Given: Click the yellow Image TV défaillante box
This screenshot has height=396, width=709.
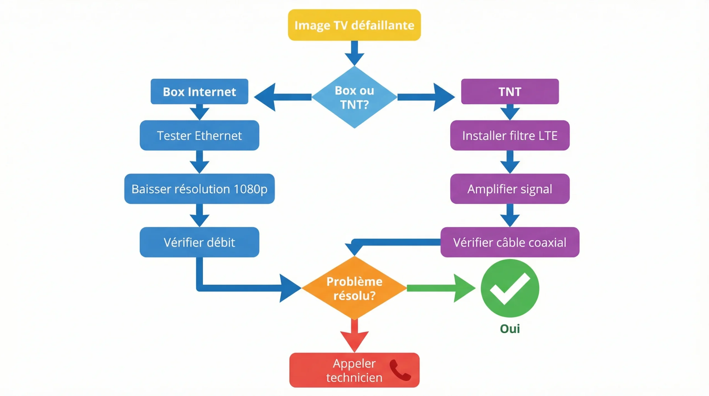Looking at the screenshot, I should [x=354, y=25].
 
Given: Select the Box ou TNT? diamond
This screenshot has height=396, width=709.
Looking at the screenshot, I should [x=354, y=97].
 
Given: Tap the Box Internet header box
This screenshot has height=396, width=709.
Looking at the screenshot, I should [x=199, y=91].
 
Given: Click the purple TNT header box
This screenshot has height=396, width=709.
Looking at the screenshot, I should [x=510, y=91].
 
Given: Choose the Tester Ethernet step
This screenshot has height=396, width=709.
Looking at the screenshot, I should [x=199, y=136].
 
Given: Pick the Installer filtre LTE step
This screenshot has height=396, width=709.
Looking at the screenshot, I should [x=510, y=136].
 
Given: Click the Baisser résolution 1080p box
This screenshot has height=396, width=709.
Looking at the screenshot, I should [x=199, y=189].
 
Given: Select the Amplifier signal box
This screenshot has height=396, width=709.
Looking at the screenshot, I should [x=510, y=189].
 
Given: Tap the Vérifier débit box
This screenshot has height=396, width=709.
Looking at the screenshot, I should [x=199, y=242].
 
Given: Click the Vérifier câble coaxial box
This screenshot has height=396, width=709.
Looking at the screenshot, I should [x=510, y=242].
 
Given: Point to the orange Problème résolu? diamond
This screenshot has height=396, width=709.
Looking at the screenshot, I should [x=354, y=288].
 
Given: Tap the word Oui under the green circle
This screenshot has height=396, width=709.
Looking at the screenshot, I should [x=510, y=329].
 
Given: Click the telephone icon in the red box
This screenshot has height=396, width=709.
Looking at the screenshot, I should [x=400, y=370].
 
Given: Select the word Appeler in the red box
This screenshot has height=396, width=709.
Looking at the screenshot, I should [x=354, y=363].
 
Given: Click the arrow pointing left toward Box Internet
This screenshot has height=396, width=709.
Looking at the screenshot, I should [x=280, y=97].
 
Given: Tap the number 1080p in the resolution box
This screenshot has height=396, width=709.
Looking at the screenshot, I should [x=250, y=189].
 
